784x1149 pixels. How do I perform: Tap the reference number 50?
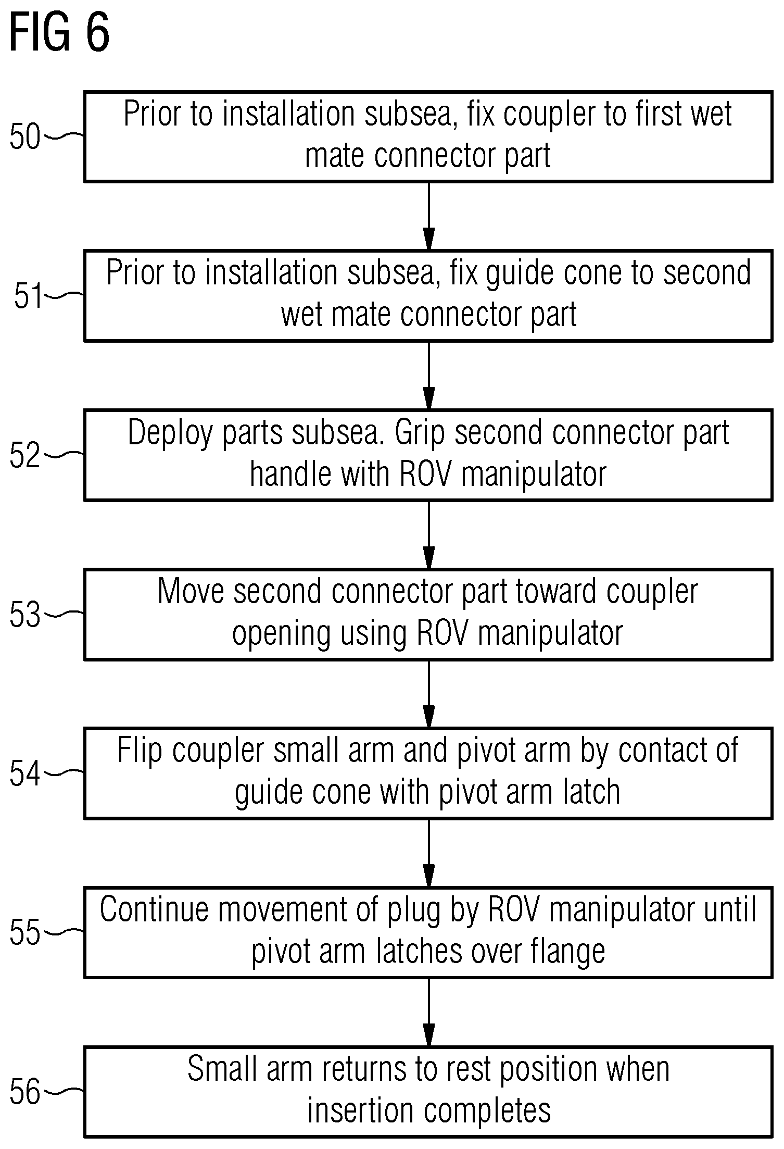click(x=25, y=138)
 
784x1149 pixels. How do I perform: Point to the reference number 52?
click(x=25, y=456)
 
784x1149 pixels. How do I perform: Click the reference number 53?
click(x=25, y=615)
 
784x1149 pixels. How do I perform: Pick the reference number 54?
click(x=25, y=774)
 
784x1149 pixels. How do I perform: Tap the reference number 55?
click(x=25, y=933)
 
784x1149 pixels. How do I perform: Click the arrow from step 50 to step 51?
click(x=428, y=216)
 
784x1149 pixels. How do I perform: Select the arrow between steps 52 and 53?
click(x=428, y=535)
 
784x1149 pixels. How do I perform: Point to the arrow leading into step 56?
click(x=428, y=1013)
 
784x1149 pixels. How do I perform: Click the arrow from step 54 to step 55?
click(x=428, y=853)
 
